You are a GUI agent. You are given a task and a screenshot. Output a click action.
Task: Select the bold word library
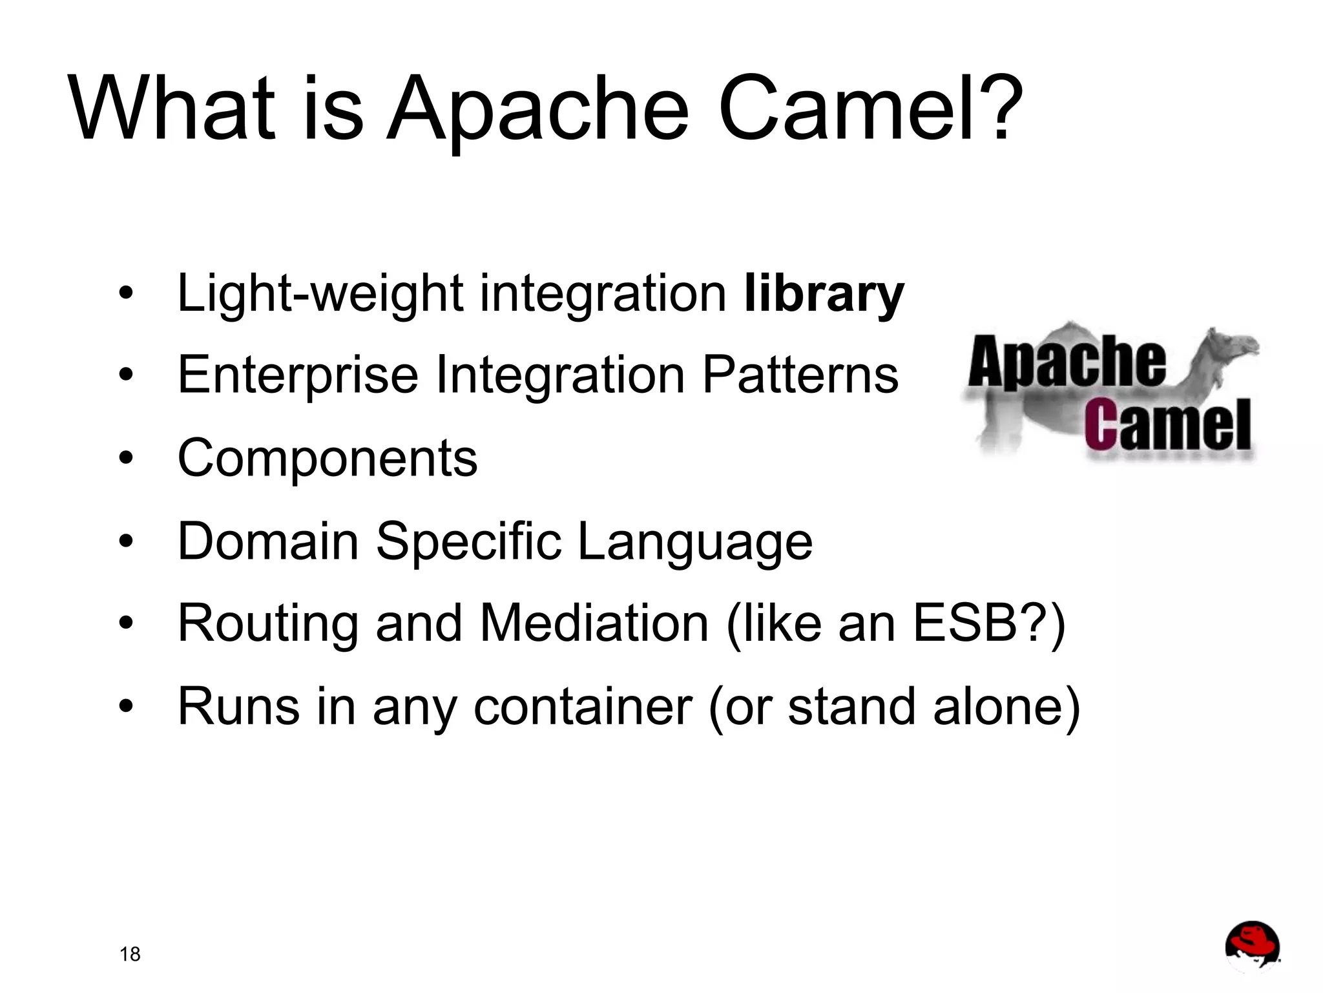(x=824, y=295)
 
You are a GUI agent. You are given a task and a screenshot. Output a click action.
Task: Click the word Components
(x=327, y=458)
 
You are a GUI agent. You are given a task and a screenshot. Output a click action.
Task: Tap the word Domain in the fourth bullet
(x=267, y=541)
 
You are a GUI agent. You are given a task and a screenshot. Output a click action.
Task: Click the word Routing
(x=267, y=625)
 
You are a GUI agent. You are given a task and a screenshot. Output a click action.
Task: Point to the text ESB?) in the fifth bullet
(x=989, y=625)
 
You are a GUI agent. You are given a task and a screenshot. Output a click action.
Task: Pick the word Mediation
(x=594, y=623)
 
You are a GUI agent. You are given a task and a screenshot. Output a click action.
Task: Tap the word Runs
(x=238, y=706)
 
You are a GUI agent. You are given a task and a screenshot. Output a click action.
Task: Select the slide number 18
(x=130, y=954)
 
